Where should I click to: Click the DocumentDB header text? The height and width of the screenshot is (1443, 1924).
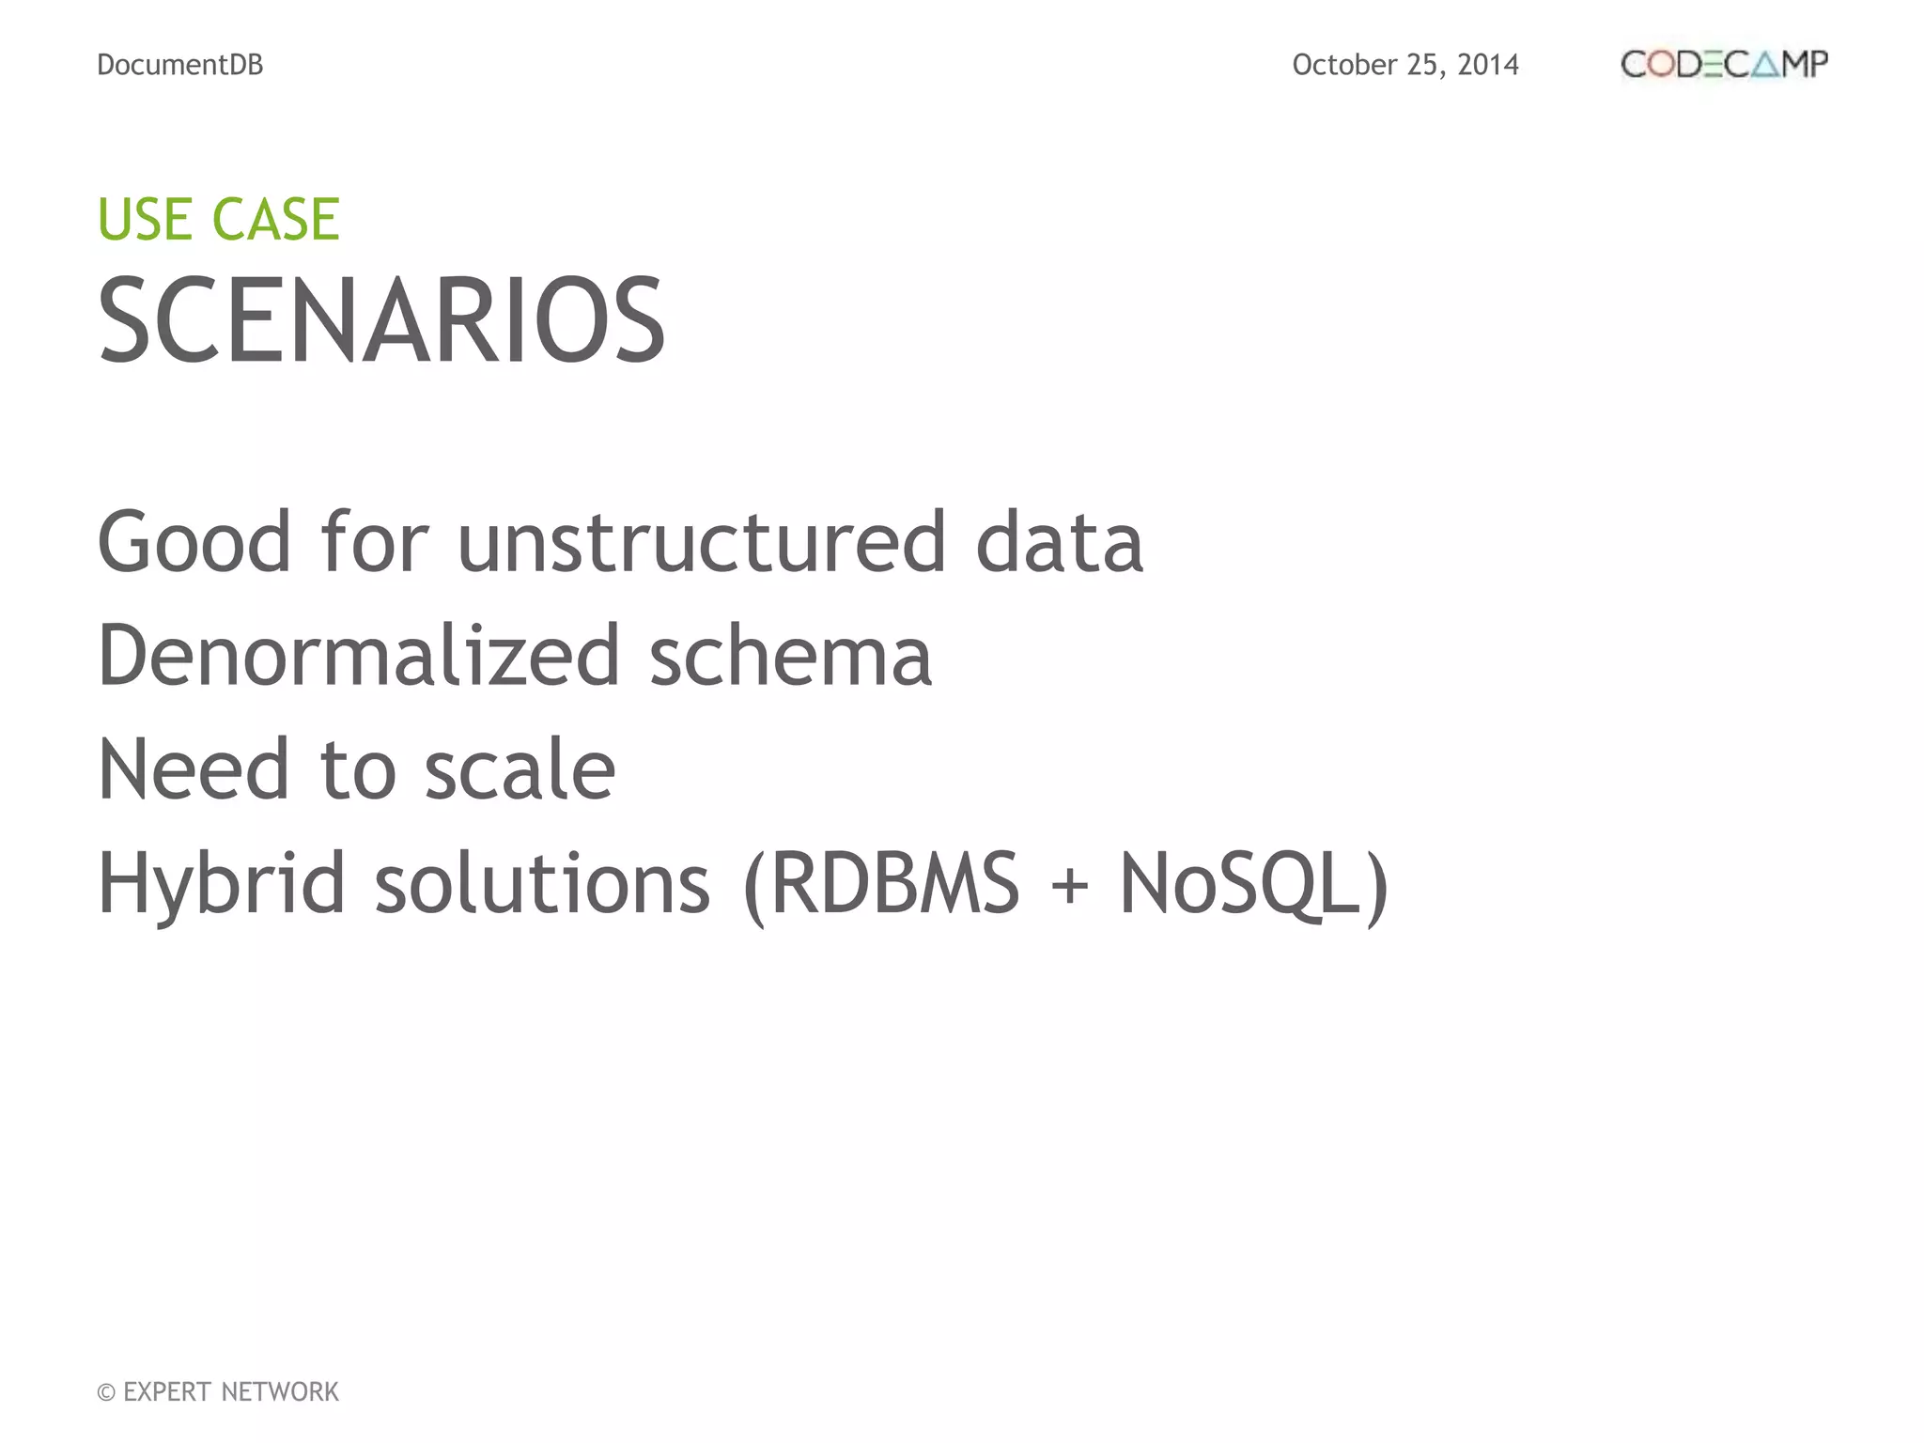pos(180,65)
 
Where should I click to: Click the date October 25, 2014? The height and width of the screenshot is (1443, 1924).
pos(1404,65)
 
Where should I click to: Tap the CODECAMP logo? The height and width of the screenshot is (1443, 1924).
pos(1724,65)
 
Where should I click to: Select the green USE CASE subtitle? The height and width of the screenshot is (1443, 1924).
pos(218,220)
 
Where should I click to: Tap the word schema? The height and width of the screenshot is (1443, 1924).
pos(791,656)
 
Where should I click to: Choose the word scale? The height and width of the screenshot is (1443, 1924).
pos(520,769)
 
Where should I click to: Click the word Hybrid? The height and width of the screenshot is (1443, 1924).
pos(222,884)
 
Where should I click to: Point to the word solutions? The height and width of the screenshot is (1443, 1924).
pos(542,884)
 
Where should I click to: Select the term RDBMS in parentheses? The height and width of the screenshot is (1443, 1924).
pos(894,884)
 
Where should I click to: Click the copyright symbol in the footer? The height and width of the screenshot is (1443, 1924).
pos(106,1392)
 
